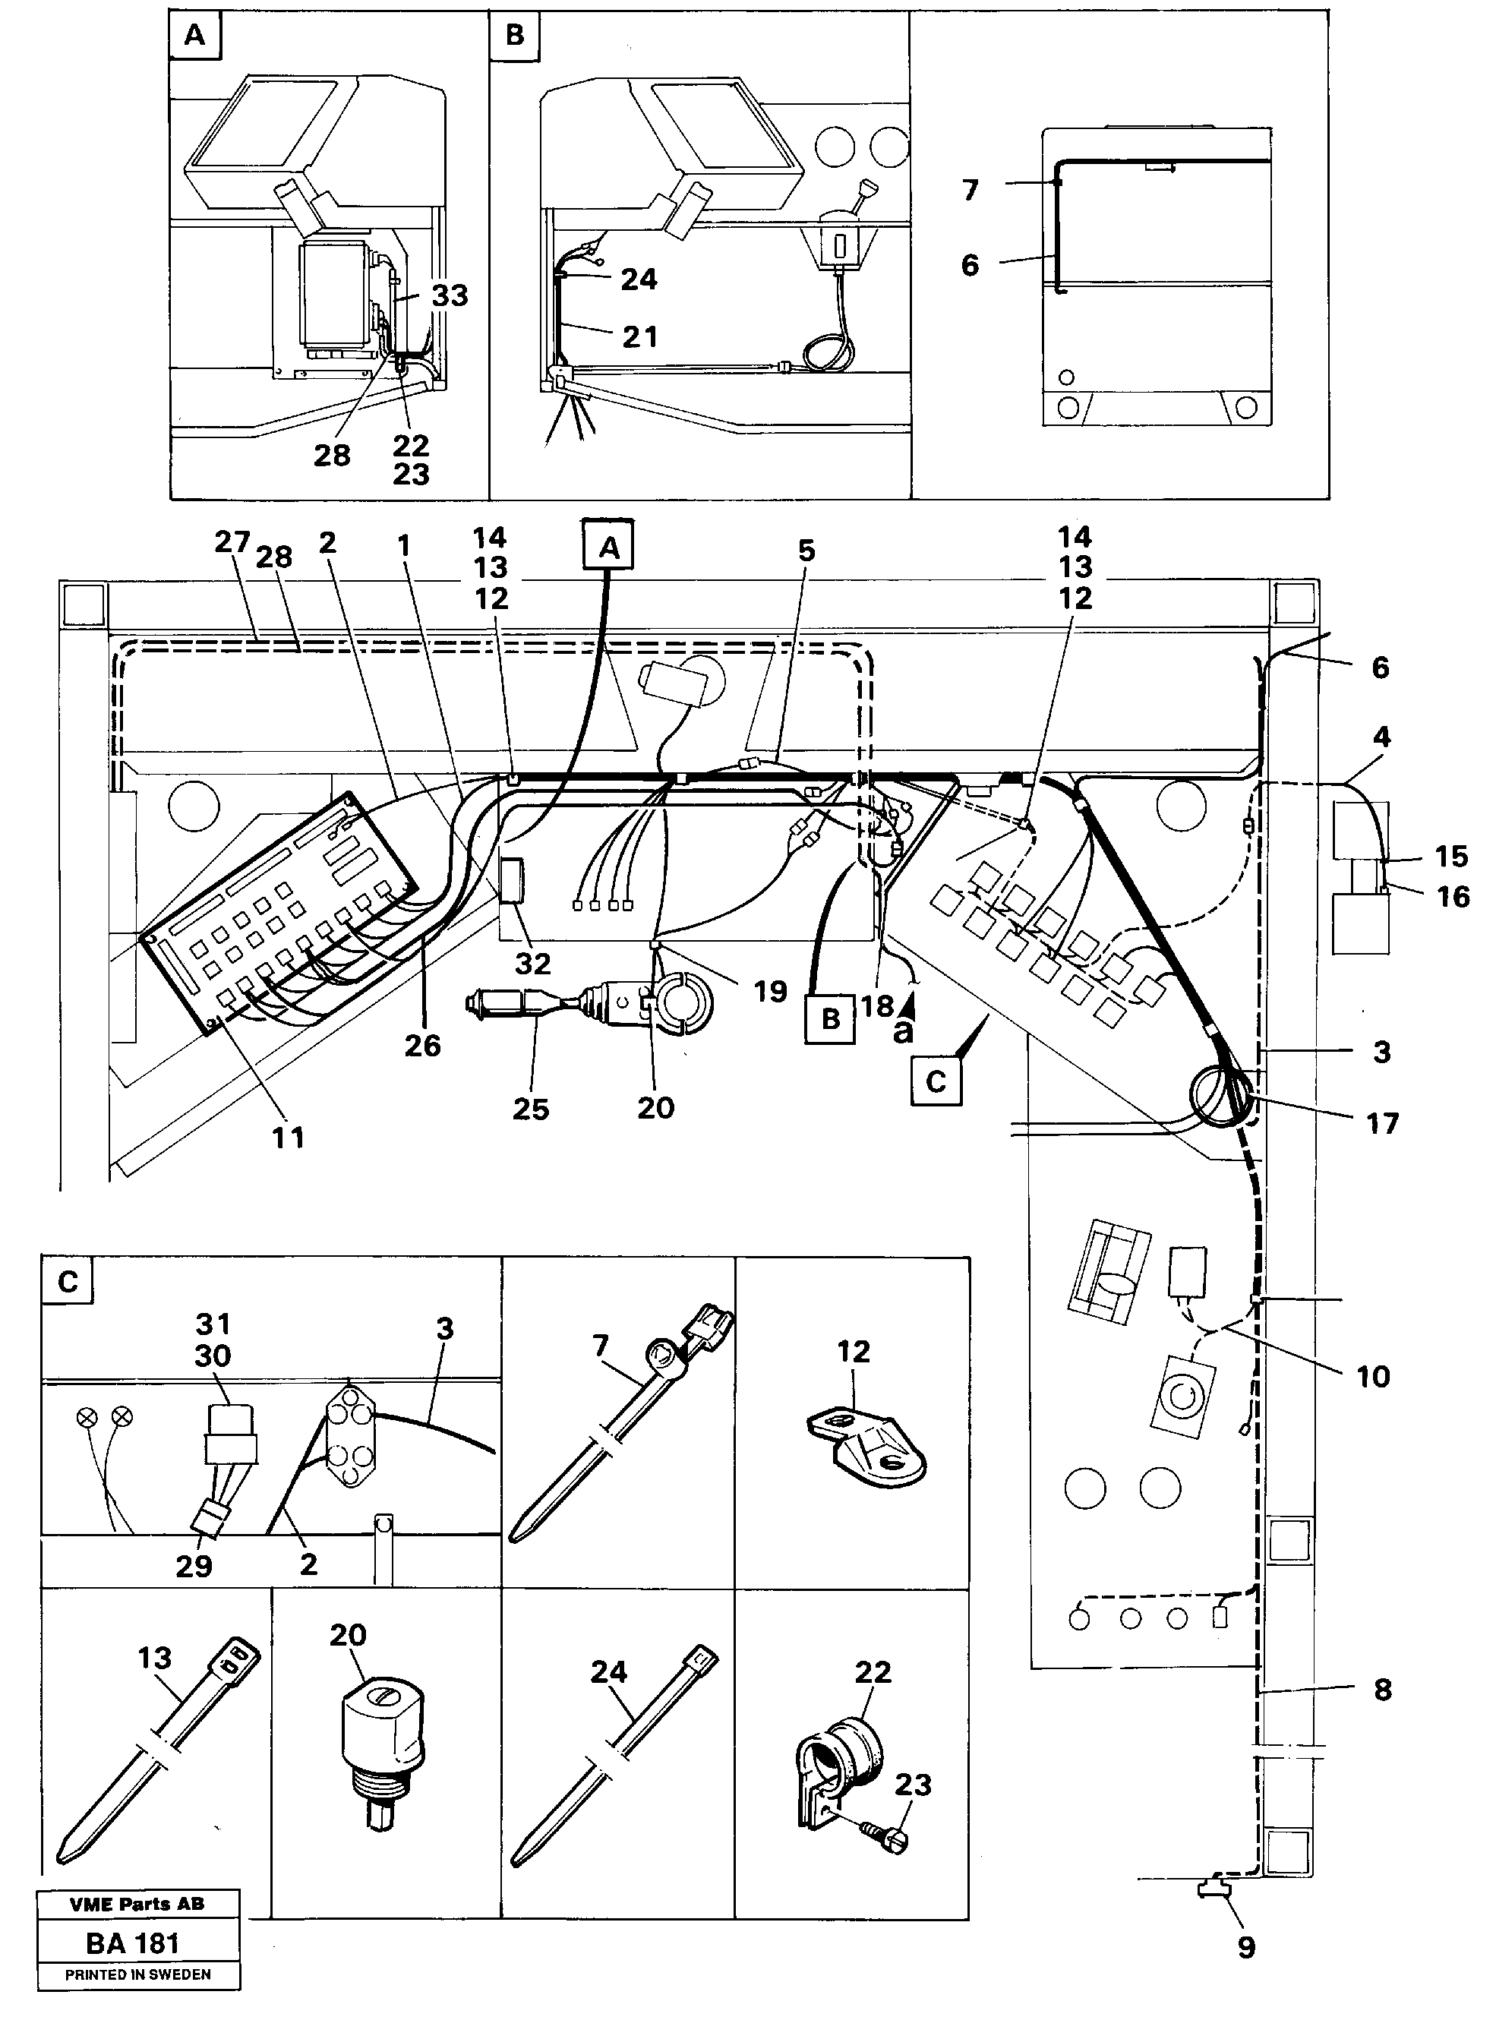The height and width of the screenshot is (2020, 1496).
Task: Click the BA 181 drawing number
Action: [133, 1943]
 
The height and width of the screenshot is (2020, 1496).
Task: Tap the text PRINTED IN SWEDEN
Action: [137, 1974]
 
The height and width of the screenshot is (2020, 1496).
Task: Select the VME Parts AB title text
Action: [137, 1904]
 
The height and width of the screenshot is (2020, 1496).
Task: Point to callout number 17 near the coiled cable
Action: [1382, 1124]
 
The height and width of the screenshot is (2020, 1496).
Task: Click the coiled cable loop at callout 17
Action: [1218, 1096]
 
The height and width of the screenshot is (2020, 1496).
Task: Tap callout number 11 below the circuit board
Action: [289, 1138]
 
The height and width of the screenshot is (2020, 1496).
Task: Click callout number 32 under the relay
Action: [532, 964]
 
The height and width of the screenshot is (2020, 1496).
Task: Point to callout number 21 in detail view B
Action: [639, 337]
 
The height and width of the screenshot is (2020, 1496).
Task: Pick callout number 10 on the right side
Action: [1372, 1376]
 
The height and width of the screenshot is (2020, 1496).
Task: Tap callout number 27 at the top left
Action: [232, 541]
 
